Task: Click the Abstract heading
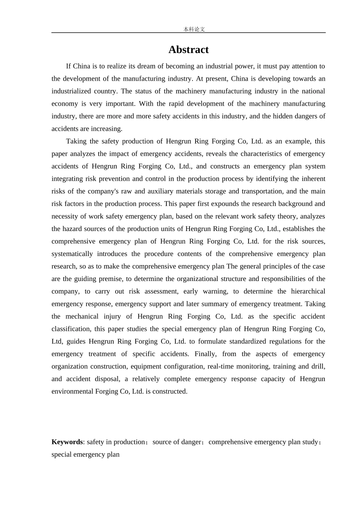point(188,50)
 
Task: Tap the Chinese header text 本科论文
point(194,29)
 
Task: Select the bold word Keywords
point(67,442)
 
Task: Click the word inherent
point(311,179)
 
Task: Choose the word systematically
point(72,254)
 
